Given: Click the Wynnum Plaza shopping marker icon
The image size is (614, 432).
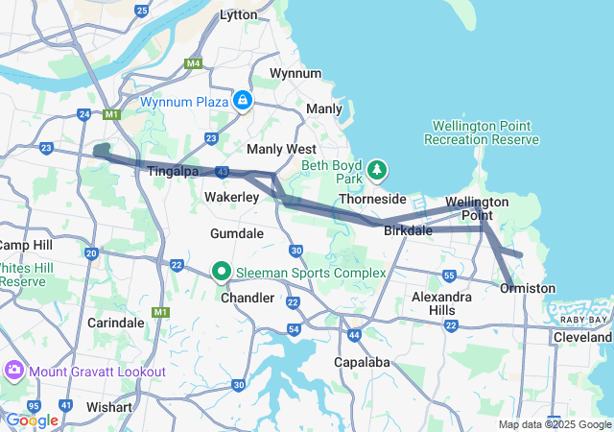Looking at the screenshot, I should point(243,101).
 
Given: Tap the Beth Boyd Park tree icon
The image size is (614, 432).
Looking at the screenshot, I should point(378,170).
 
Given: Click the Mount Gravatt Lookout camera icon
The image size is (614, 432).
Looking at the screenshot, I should point(14,371).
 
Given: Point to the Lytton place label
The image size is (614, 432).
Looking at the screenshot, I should point(238,14).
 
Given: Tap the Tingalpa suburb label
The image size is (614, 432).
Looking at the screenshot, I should point(174,171).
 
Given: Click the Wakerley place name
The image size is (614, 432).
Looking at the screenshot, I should point(232,197).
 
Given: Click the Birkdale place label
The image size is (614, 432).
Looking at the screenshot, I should point(408,231).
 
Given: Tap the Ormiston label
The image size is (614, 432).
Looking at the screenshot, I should point(528,288).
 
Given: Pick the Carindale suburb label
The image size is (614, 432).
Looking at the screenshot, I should point(115,323).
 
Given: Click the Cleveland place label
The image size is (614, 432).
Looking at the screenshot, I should point(582,338).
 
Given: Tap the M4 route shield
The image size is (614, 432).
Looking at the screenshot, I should point(194,63).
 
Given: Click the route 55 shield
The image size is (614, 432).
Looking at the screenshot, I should point(449,276).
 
